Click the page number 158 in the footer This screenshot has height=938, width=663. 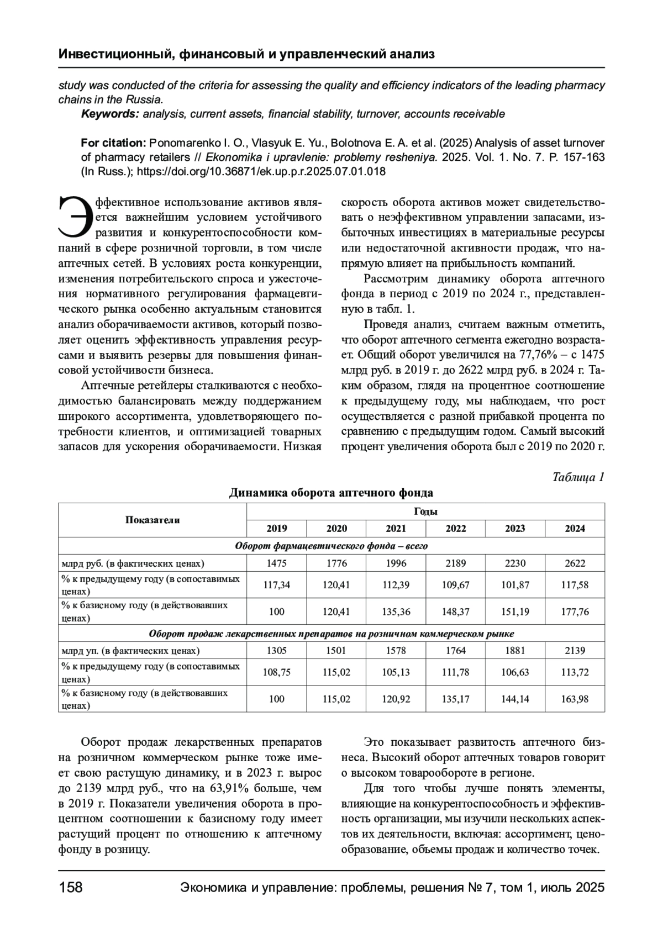(70, 888)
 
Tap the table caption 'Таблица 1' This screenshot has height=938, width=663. (578, 477)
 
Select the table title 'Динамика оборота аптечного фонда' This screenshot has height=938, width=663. (331, 493)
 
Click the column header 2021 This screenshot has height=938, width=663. (396, 529)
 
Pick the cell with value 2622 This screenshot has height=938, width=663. (575, 563)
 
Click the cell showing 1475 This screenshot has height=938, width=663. (276, 563)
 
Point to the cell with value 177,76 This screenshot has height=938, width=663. (575, 612)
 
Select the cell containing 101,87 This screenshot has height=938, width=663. (515, 585)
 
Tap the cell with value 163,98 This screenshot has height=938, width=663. (575, 699)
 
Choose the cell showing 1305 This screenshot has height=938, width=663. (276, 651)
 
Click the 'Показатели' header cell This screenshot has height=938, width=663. (152, 520)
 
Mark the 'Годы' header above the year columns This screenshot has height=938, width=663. (425, 512)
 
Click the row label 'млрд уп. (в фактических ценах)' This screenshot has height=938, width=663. (130, 651)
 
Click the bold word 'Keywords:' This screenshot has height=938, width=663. (110, 114)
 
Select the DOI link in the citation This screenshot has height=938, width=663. (261, 171)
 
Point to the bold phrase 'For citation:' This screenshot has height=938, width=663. (113, 143)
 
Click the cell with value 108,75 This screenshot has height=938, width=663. (276, 672)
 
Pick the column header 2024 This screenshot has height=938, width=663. (575, 529)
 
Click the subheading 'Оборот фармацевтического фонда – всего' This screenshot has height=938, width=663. (331, 546)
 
